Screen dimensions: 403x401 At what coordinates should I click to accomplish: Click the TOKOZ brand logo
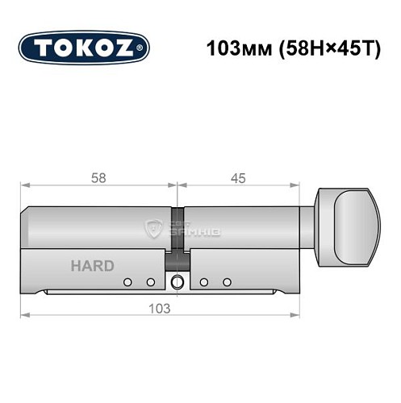coord(84,48)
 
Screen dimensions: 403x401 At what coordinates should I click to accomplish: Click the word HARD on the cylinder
coord(92,265)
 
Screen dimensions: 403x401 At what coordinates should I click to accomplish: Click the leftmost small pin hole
coord(127,281)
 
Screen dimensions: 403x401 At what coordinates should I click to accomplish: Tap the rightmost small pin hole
coord(227,281)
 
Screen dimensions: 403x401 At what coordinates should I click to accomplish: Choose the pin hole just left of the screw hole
coord(150,281)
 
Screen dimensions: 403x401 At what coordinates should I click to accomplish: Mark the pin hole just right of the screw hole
coord(204,281)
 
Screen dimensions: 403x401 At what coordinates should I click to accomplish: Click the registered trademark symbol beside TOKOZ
coord(144,48)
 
